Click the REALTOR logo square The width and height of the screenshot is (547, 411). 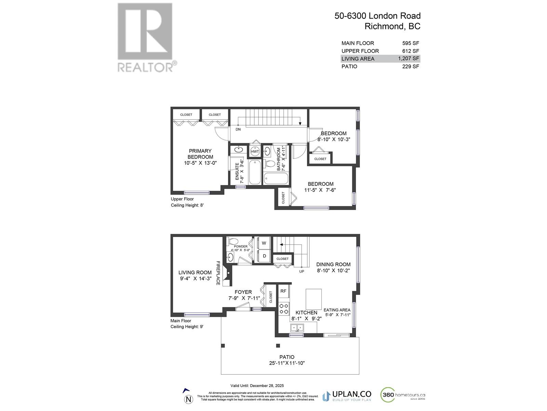pyautogui.click(x=145, y=32)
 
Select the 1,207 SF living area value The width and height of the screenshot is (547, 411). pyautogui.click(x=408, y=59)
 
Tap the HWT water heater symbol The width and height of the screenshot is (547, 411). pyautogui.click(x=255, y=151)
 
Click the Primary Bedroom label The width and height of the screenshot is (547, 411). pyautogui.click(x=200, y=154)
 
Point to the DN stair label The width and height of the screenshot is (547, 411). pyautogui.click(x=238, y=129)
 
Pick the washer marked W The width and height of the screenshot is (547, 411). pyautogui.click(x=264, y=243)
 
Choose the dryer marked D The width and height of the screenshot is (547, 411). pyautogui.click(x=264, y=256)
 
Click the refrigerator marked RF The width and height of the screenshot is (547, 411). pyautogui.click(x=283, y=291)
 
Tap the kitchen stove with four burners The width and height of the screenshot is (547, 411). pyautogui.click(x=284, y=308)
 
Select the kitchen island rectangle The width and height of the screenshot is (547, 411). pyautogui.click(x=313, y=299)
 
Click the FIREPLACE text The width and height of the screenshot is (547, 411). pyautogui.click(x=218, y=273)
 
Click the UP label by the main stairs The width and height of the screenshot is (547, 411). pyautogui.click(x=302, y=271)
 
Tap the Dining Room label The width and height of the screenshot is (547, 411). pyautogui.click(x=333, y=264)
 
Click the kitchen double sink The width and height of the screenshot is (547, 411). pyautogui.click(x=297, y=328)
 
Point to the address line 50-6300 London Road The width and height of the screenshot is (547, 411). pyautogui.click(x=377, y=16)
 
